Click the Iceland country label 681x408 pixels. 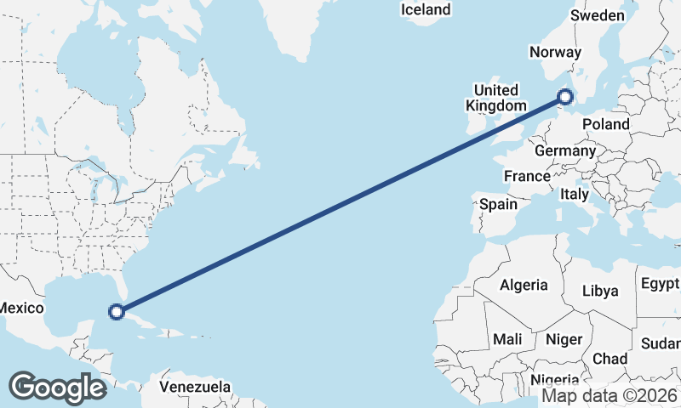click(x=425, y=10)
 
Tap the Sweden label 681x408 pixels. click(x=598, y=15)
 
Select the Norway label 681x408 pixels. click(x=554, y=53)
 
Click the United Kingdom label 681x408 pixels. click(x=495, y=98)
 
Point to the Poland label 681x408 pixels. click(x=606, y=124)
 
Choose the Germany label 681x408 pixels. click(x=565, y=150)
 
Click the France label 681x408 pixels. click(x=526, y=177)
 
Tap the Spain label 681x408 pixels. click(x=498, y=204)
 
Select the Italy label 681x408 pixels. click(x=575, y=195)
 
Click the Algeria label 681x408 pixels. click(x=524, y=285)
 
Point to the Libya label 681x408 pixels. click(x=600, y=291)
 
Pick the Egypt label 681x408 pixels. click(x=660, y=283)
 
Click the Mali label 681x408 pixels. click(x=507, y=339)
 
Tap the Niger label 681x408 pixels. click(x=564, y=339)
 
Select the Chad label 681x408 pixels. click(x=610, y=359)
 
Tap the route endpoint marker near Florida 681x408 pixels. click(x=117, y=312)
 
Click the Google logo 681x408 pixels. click(x=57, y=387)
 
